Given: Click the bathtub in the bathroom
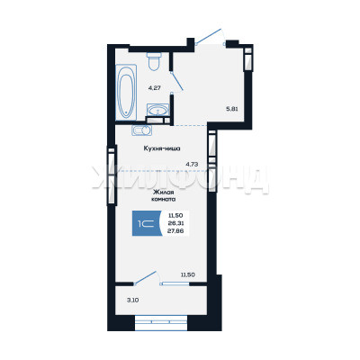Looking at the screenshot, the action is tap(126, 92).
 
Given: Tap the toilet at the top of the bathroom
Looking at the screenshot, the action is tap(154, 61).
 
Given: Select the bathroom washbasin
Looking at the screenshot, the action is tap(158, 110).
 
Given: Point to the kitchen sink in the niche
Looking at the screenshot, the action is tap(141, 130).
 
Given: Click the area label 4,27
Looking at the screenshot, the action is tap(155, 88).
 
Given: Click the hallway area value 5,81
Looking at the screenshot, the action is tap(232, 109).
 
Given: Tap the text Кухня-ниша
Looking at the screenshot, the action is tap(162, 148).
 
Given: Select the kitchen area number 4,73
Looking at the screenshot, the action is tap(193, 164).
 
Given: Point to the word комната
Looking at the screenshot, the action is tap(164, 199).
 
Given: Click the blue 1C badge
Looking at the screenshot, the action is tap(147, 223).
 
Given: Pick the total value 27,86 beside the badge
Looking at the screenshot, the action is tap(176, 230).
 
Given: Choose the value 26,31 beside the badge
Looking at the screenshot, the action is tap(176, 223).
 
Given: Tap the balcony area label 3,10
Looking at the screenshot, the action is tap(132, 300).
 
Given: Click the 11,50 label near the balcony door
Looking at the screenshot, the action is tap(188, 274).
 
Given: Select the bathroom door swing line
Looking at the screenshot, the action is tap(177, 81).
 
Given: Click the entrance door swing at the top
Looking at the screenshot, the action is tap(209, 36).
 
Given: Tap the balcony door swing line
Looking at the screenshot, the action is tap(146, 277).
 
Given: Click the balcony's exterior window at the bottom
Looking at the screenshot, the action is tap(161, 323).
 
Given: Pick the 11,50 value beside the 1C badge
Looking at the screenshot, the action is tap(176, 215).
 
